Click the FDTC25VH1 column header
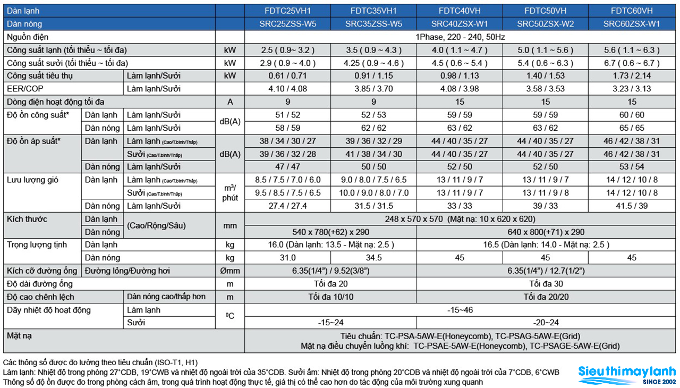pyautogui.click(x=287, y=11)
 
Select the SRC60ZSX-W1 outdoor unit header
pyautogui.click(x=632, y=24)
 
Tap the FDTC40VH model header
pyautogui.click(x=460, y=11)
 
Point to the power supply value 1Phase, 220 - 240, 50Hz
pyautogui.click(x=460, y=37)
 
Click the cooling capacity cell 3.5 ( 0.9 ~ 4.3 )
pyautogui.click(x=373, y=50)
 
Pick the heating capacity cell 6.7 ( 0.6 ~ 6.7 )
pyautogui.click(x=632, y=63)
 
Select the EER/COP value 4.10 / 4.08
pyautogui.click(x=287, y=89)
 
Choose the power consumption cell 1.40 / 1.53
pyautogui.click(x=545, y=75)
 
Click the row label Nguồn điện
pyautogui.click(x=28, y=37)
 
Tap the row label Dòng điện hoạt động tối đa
pyautogui.click(x=56, y=102)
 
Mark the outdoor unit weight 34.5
pyautogui.click(x=373, y=258)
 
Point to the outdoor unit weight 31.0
pyautogui.click(x=287, y=258)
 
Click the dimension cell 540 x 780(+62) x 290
pyautogui.click(x=330, y=232)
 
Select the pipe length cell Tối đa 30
pyautogui.click(x=546, y=284)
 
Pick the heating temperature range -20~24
pyautogui.click(x=546, y=323)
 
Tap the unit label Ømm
pyautogui.click(x=230, y=271)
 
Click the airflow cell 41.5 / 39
pyautogui.click(x=632, y=206)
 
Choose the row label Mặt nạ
pyautogui.click(x=19, y=336)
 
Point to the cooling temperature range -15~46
pyautogui.click(x=460, y=310)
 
